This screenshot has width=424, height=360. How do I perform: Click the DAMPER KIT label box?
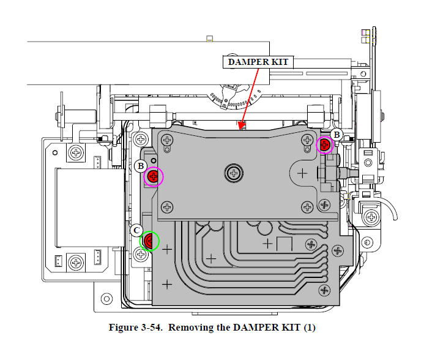258,62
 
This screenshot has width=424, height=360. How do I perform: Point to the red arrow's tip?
242,128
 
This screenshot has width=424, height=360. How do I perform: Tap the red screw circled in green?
149,241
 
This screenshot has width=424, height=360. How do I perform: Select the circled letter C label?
136,230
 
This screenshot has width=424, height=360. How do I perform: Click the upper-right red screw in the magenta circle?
325,146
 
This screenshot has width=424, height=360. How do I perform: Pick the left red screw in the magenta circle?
154,177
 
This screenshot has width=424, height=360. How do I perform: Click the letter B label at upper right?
336,135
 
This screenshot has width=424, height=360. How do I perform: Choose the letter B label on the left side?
140,165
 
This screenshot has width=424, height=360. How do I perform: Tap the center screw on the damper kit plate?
233,173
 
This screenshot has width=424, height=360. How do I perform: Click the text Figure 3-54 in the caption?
135,328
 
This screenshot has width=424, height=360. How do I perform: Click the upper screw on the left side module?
76,152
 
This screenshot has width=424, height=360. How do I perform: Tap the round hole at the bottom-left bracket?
108,299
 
